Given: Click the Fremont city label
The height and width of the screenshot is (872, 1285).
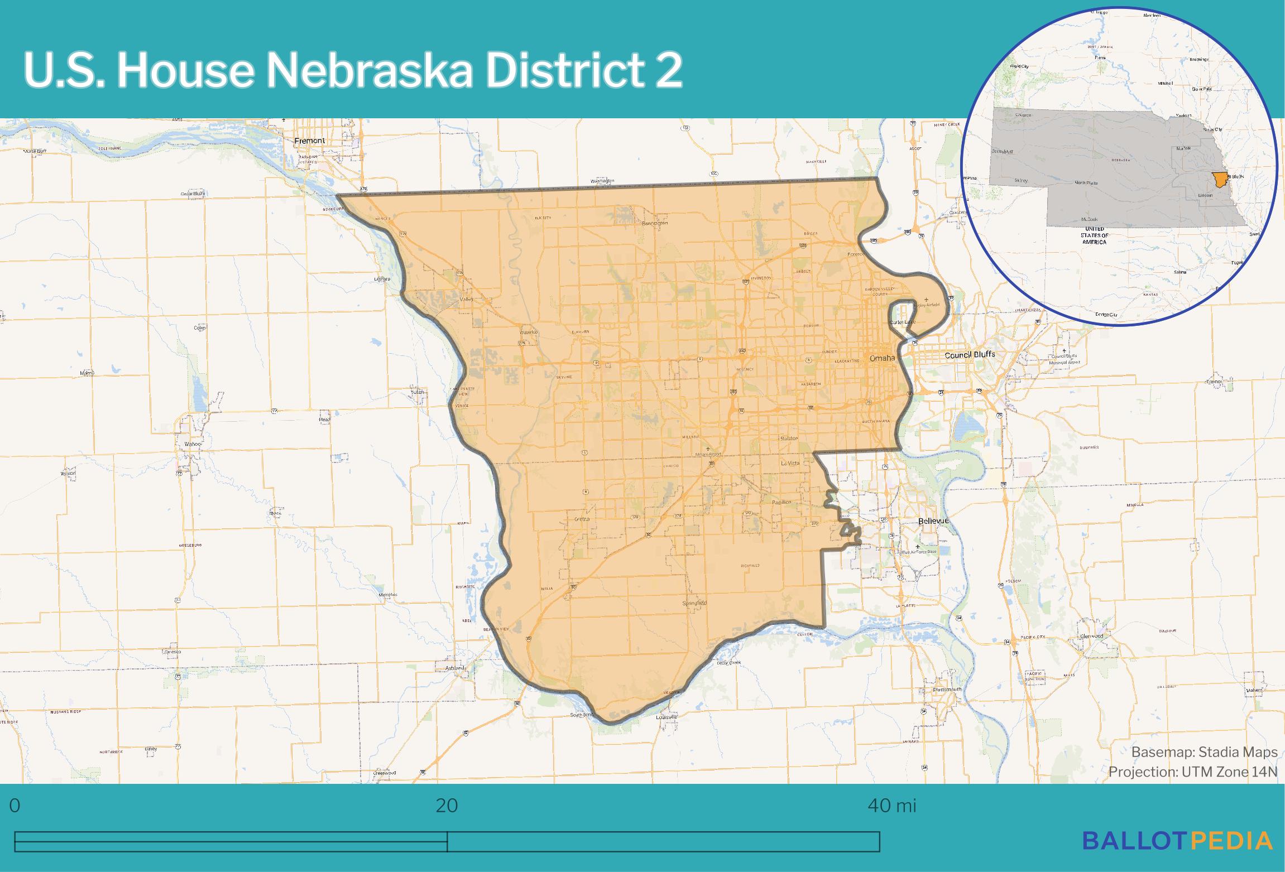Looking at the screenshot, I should click(x=309, y=141).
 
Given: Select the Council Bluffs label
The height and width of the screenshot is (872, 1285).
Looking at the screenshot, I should click(x=970, y=355).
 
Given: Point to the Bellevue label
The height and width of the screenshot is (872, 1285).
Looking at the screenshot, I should click(x=934, y=521).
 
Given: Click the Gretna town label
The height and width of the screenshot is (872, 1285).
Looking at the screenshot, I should click(x=582, y=519).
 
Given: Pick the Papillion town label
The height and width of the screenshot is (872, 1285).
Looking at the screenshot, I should click(x=781, y=502).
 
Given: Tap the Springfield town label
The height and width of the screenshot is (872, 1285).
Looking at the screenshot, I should click(x=694, y=604).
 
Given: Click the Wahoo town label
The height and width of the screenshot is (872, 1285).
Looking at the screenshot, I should click(x=191, y=444).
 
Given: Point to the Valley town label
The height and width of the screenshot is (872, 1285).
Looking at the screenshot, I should click(x=466, y=300).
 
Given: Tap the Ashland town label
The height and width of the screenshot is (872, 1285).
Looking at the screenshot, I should click(x=454, y=668).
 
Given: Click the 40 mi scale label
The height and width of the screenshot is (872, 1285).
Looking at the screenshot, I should click(x=892, y=806).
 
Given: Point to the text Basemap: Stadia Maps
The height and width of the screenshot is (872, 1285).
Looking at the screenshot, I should click(x=1204, y=752).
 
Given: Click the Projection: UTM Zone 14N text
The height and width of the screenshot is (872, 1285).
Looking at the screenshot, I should click(x=1193, y=772).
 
